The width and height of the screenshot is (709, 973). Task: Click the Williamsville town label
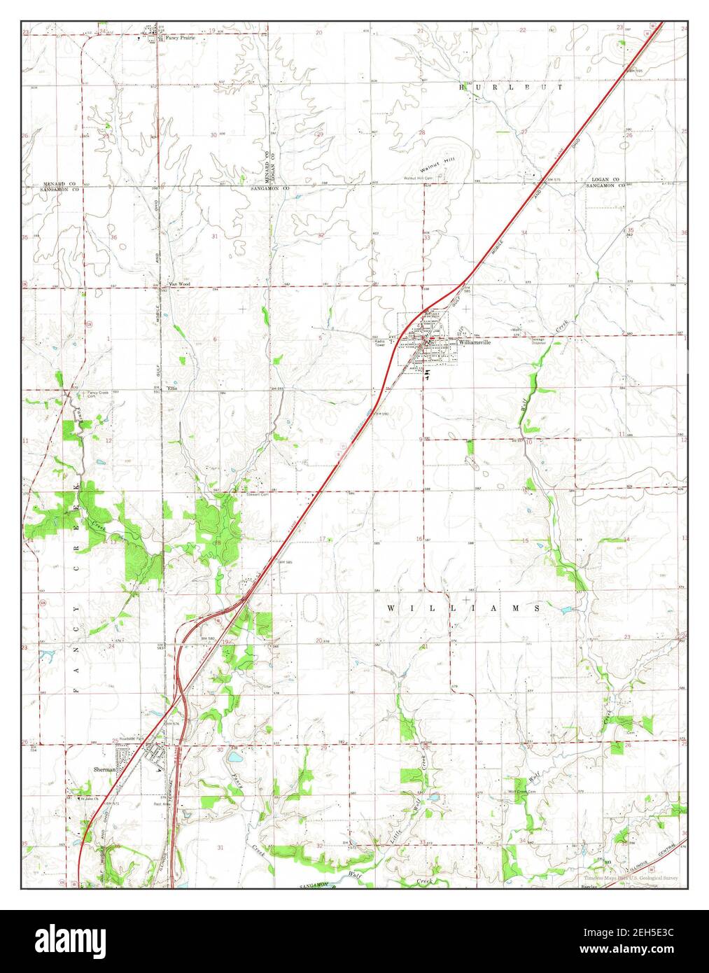tap(474, 344)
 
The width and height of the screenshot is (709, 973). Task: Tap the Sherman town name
tap(104, 768)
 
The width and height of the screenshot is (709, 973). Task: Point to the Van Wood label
tap(179, 284)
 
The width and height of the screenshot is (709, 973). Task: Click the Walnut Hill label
tap(443, 168)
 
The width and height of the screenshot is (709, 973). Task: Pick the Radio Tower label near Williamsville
tap(380, 343)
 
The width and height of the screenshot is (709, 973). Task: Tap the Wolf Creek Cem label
tap(521, 792)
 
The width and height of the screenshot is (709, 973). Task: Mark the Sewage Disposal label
tap(539, 341)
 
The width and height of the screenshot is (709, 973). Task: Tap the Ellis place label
tap(172, 389)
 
